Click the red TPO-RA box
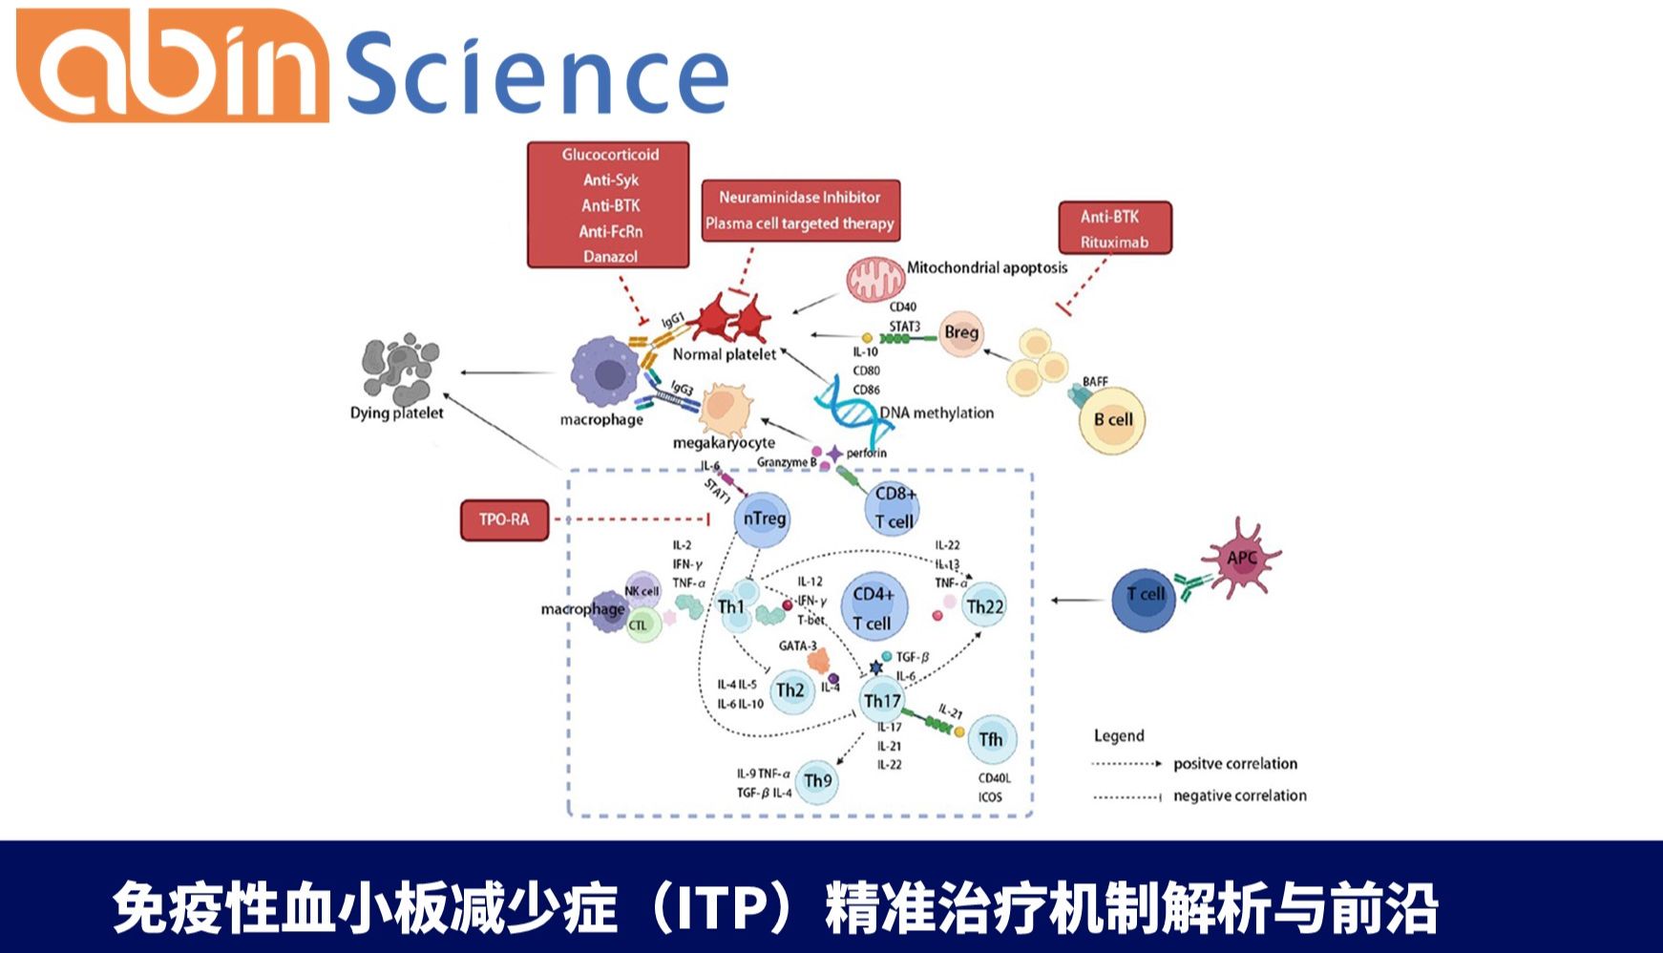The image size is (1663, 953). [x=504, y=519]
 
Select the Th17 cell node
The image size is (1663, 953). [x=882, y=701]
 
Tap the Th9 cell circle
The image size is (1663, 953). [x=817, y=781]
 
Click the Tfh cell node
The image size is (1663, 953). [x=991, y=739]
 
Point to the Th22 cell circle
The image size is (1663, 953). [x=984, y=606]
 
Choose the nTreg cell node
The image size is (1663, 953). [x=764, y=519]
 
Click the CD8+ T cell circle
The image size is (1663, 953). [x=895, y=507]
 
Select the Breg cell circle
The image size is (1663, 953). [x=960, y=332]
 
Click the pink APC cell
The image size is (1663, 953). [x=1241, y=559]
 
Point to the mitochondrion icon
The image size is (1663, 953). [x=875, y=280]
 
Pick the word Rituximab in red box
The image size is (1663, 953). [x=1114, y=242]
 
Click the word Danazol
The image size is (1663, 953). [x=610, y=256]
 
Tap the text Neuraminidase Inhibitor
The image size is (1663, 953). [x=799, y=197]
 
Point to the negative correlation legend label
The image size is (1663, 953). [x=1239, y=795]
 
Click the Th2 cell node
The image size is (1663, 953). [x=790, y=690]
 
